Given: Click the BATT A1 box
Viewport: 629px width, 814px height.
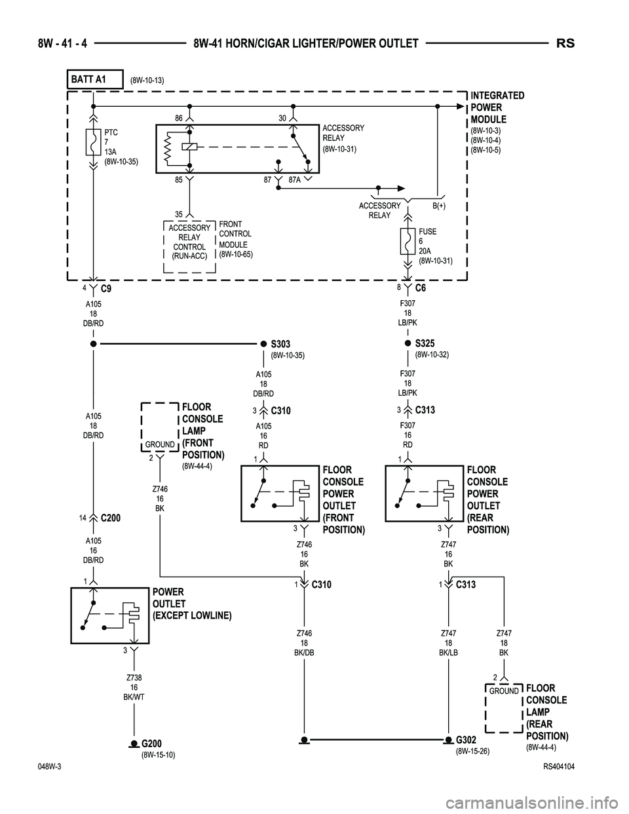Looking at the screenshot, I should tap(95, 79).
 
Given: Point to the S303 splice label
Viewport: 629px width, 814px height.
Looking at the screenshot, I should tap(280, 344).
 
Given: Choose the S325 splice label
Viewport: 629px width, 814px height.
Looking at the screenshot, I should tap(425, 343).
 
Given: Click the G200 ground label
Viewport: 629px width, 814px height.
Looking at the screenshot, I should tap(151, 743).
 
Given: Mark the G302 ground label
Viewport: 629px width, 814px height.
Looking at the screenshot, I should tap(466, 740).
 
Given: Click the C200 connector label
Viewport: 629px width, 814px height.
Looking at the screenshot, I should tap(111, 518).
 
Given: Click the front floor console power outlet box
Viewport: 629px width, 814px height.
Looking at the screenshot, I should tap(280, 494).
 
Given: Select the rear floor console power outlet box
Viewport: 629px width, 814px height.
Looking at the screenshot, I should tap(424, 494).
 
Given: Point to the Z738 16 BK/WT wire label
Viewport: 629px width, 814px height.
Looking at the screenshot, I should tap(134, 687).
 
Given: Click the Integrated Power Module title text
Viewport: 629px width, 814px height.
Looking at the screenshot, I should tap(497, 107).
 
